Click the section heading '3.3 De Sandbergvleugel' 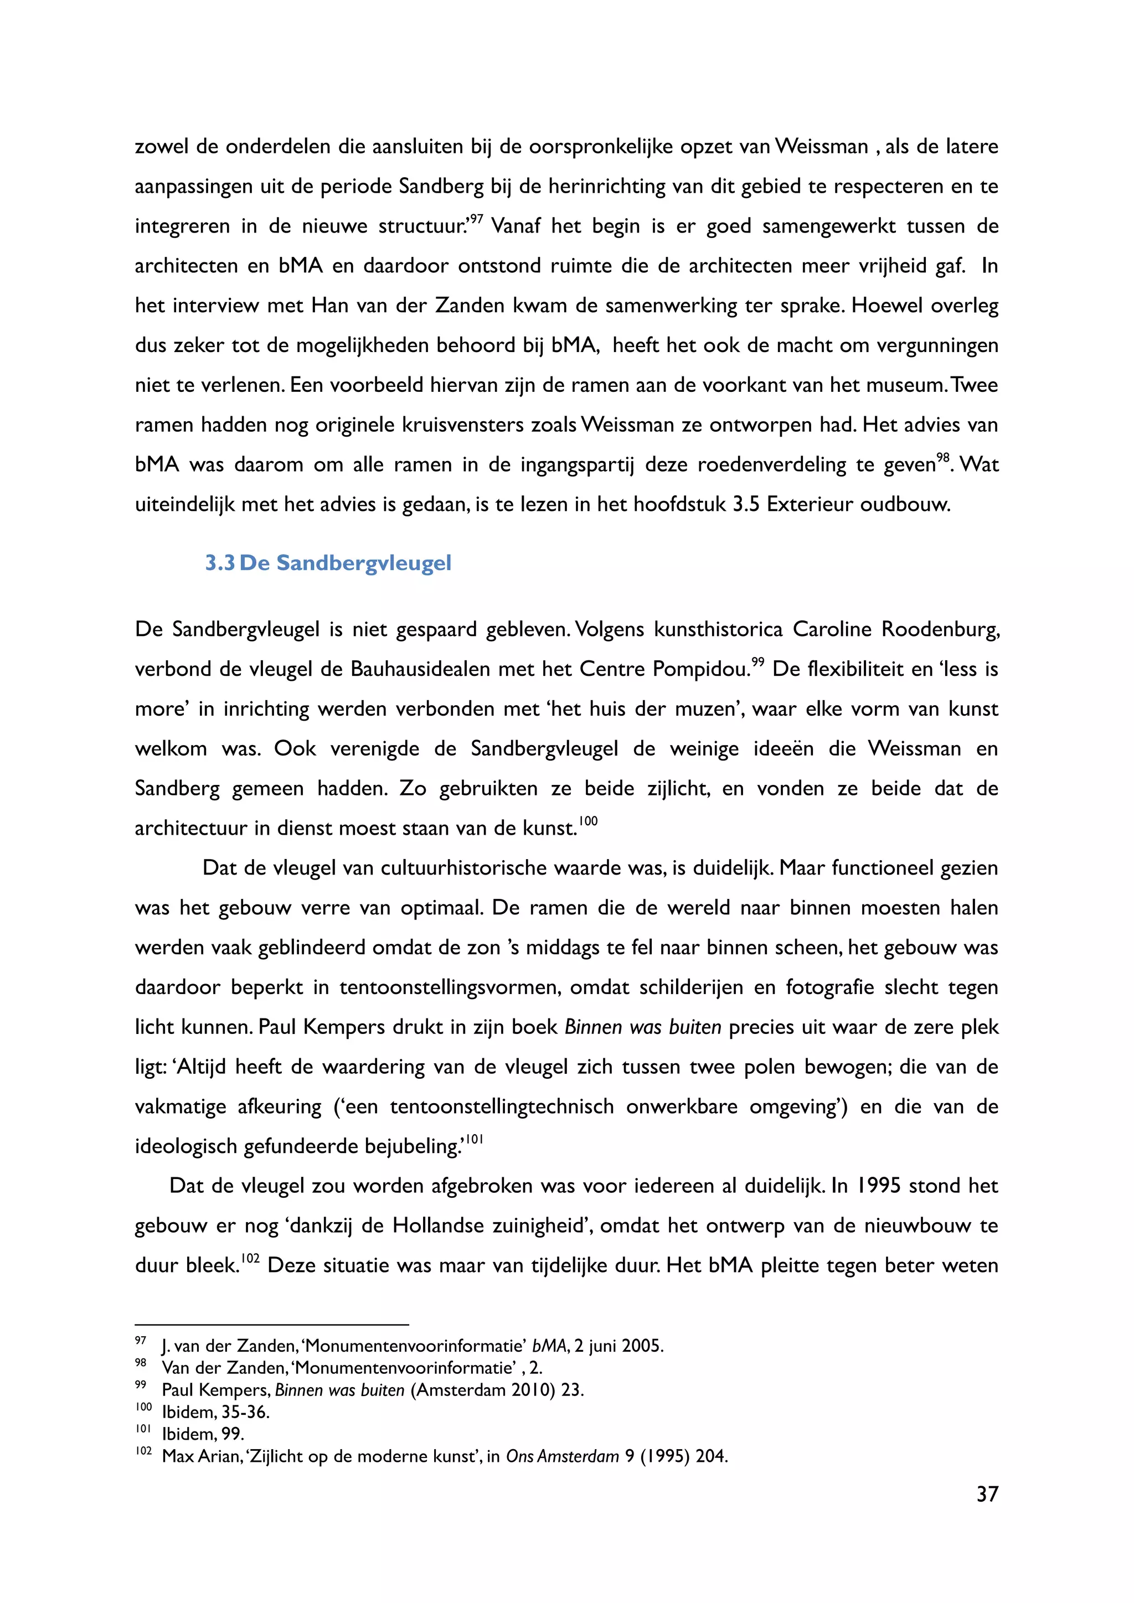tap(328, 563)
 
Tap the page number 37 tap(987, 1494)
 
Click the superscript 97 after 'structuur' tap(476, 220)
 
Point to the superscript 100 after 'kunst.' tap(589, 821)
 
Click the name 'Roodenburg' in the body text tap(940, 630)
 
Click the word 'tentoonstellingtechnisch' tap(501, 1107)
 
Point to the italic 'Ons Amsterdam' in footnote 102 tap(562, 1457)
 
